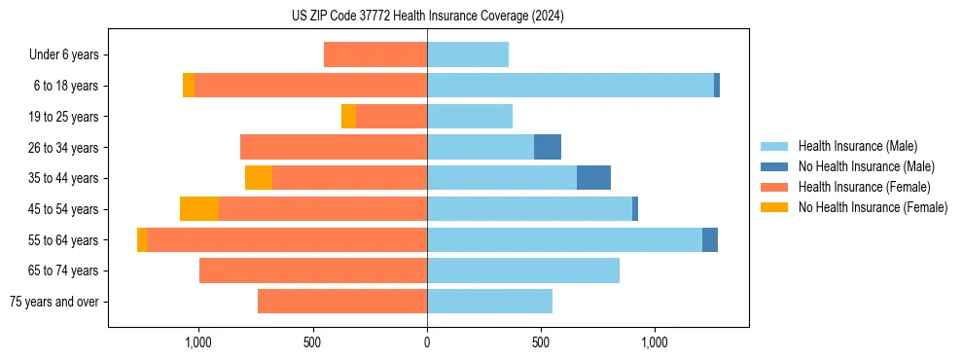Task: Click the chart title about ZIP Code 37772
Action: pyautogui.click(x=427, y=17)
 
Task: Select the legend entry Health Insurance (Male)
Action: pyautogui.click(x=857, y=146)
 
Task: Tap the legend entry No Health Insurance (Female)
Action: pyautogui.click(x=873, y=207)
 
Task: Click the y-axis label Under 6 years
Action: pyautogui.click(x=64, y=54)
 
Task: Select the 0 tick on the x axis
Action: pyautogui.click(x=427, y=342)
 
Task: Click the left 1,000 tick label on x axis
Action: pyautogui.click(x=198, y=342)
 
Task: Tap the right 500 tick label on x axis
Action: pyautogui.click(x=541, y=342)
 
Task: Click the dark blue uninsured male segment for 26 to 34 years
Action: pyautogui.click(x=548, y=147)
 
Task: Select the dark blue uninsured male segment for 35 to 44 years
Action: pyautogui.click(x=593, y=178)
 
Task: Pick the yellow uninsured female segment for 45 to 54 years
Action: pyautogui.click(x=199, y=209)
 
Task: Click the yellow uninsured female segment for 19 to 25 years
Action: pyautogui.click(x=348, y=117)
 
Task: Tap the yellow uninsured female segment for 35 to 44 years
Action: pyautogui.click(x=259, y=178)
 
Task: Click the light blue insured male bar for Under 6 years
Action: pyautogui.click(x=468, y=54)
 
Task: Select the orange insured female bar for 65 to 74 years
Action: pyautogui.click(x=313, y=270)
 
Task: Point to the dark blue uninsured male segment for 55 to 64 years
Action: pyautogui.click(x=710, y=239)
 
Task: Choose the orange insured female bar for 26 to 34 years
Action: pyautogui.click(x=334, y=147)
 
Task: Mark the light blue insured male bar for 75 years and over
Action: pyautogui.click(x=489, y=302)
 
